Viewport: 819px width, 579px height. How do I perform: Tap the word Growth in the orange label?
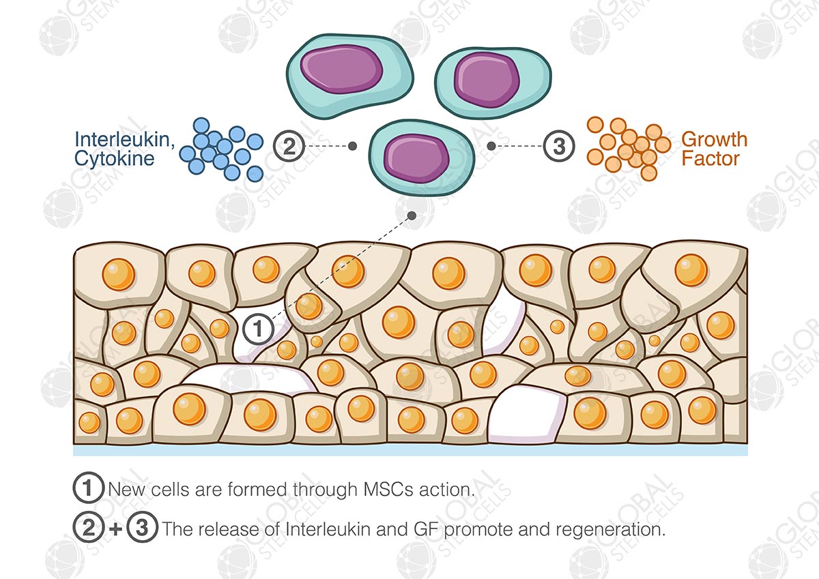(x=714, y=140)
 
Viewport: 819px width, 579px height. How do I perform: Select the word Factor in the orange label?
(x=710, y=160)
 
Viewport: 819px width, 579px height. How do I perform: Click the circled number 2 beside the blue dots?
(x=289, y=146)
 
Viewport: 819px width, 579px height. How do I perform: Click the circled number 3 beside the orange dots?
(x=558, y=146)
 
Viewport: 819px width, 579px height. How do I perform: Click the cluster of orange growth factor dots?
(x=627, y=149)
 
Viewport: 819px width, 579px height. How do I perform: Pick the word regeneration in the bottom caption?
(x=622, y=529)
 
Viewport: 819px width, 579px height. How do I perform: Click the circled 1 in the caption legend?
(x=87, y=489)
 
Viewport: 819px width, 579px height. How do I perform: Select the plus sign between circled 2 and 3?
(x=115, y=529)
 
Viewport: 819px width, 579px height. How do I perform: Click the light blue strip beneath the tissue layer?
(x=409, y=450)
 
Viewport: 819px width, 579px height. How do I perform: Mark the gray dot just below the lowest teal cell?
(x=412, y=216)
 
